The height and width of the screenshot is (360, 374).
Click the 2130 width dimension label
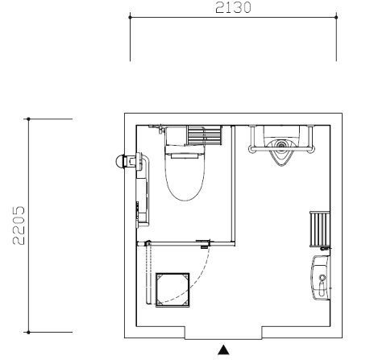233,7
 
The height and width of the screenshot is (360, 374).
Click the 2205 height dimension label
19,226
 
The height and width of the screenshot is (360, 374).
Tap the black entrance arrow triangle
223,350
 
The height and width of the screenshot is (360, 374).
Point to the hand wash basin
321,278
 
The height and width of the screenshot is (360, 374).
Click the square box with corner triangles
172,290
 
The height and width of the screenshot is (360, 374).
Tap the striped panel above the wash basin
320,229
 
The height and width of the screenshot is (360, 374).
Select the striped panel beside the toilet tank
205,135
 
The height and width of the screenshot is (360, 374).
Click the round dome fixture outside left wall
120,162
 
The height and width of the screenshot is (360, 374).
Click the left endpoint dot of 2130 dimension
131,17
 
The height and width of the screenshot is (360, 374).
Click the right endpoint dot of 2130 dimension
336,17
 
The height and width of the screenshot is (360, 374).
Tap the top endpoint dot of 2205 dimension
28,118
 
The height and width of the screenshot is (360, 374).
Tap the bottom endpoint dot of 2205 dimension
28,333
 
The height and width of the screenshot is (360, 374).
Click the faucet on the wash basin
322,284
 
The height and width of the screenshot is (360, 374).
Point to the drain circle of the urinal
281,145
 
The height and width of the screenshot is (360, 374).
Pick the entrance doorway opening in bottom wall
223,333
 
